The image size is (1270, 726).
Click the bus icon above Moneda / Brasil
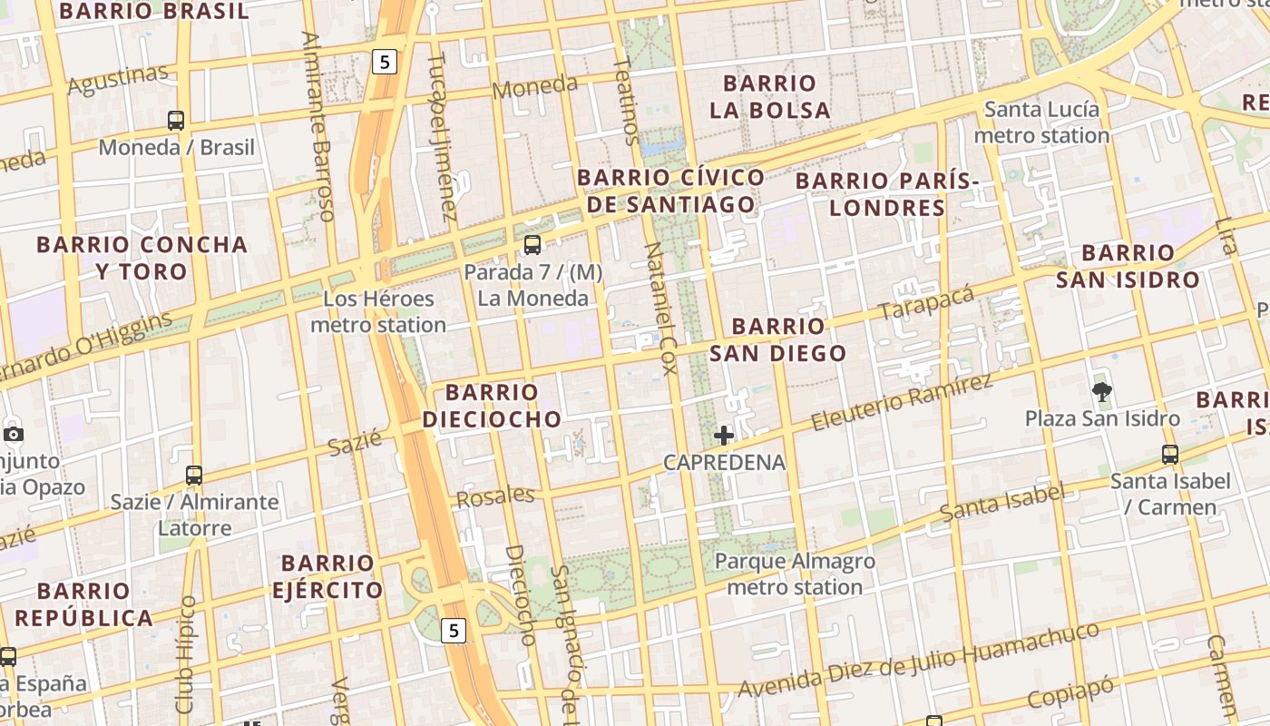pyautogui.click(x=176, y=120)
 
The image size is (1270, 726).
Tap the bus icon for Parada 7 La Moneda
pyautogui.click(x=532, y=244)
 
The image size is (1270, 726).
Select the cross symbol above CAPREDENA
pyautogui.click(x=724, y=436)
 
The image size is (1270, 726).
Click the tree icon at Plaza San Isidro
pyautogui.click(x=1102, y=392)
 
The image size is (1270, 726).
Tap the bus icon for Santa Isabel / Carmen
pyautogui.click(x=1170, y=455)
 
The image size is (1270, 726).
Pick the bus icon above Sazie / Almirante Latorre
pyautogui.click(x=193, y=475)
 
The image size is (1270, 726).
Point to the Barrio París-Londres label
pyautogui.click(x=887, y=194)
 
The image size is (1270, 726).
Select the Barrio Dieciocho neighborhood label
pyautogui.click(x=492, y=406)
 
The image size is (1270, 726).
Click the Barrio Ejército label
pyautogui.click(x=327, y=577)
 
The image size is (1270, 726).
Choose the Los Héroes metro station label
pyautogui.click(x=378, y=311)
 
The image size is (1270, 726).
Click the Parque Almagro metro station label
pyautogui.click(x=795, y=574)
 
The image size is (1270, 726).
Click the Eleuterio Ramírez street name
pyautogui.click(x=902, y=402)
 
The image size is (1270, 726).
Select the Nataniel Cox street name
pyautogui.click(x=661, y=309)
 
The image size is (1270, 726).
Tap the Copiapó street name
pyautogui.click(x=1070, y=693)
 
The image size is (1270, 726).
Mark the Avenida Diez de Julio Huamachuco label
pyautogui.click(x=918, y=661)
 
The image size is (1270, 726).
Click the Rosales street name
pyautogui.click(x=495, y=496)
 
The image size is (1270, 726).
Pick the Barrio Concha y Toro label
pyautogui.click(x=142, y=258)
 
